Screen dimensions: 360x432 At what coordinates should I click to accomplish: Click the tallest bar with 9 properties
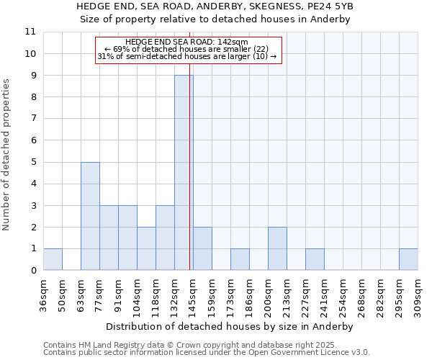(x=184, y=173)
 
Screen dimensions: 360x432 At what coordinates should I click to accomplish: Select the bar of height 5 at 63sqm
(x=90, y=216)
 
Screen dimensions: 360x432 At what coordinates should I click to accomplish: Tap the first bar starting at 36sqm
(x=53, y=259)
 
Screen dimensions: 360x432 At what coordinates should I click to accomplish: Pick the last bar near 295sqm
(x=408, y=259)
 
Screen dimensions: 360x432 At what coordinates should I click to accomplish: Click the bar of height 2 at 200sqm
(x=277, y=248)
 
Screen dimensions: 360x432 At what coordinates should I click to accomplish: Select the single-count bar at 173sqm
(x=240, y=259)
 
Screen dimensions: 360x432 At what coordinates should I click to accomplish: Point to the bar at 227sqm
(x=315, y=259)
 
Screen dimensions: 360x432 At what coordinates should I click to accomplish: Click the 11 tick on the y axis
(x=30, y=32)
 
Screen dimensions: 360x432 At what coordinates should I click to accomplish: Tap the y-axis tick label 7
(x=32, y=119)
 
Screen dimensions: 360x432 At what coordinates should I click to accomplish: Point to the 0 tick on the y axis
(x=32, y=271)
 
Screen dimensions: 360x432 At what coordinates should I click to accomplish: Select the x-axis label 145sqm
(x=193, y=296)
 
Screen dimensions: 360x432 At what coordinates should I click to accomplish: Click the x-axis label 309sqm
(x=418, y=296)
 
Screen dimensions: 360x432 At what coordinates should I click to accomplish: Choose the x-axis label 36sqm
(x=43, y=296)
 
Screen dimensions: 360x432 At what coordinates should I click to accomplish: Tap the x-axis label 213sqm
(x=287, y=296)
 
